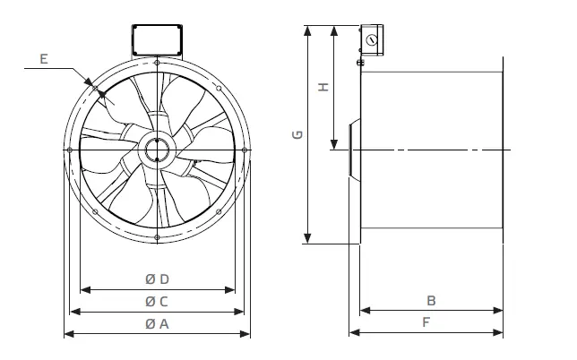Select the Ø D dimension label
coord(158,279)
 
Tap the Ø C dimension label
coord(158,301)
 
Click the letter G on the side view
coord(297,135)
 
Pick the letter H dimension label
coord(324,88)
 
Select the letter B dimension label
coord(430,301)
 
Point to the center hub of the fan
coord(158,149)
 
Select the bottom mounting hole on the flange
coord(158,237)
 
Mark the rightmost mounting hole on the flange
coord(245,150)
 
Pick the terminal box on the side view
coord(371,38)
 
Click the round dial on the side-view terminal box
coord(370,40)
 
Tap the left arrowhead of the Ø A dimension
coord(66,334)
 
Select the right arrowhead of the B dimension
coord(499,312)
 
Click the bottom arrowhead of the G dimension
coord(308,239)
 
